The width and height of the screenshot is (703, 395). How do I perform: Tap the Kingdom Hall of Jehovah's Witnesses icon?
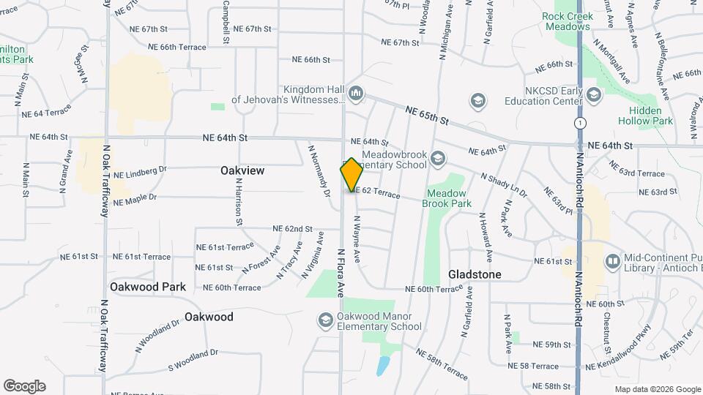click(357, 93)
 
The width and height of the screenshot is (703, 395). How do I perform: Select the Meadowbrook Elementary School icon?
click(437, 159)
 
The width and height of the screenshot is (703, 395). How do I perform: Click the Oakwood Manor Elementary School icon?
click(325, 320)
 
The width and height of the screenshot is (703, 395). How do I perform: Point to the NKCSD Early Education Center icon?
click(593, 95)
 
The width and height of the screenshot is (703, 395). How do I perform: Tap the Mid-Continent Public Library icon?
click(612, 260)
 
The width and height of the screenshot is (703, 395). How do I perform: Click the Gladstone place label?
click(475, 274)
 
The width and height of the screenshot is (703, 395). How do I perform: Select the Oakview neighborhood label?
click(242, 170)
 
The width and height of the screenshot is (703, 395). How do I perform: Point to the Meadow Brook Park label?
click(447, 198)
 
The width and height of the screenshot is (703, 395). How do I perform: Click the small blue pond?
click(384, 365)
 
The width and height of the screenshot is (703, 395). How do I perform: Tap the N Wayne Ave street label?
click(357, 239)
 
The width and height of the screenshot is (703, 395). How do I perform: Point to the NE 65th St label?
click(426, 114)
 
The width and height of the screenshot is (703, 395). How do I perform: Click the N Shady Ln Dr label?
click(504, 185)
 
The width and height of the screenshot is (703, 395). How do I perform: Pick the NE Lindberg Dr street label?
click(141, 172)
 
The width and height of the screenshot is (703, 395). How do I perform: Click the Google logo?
click(24, 385)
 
